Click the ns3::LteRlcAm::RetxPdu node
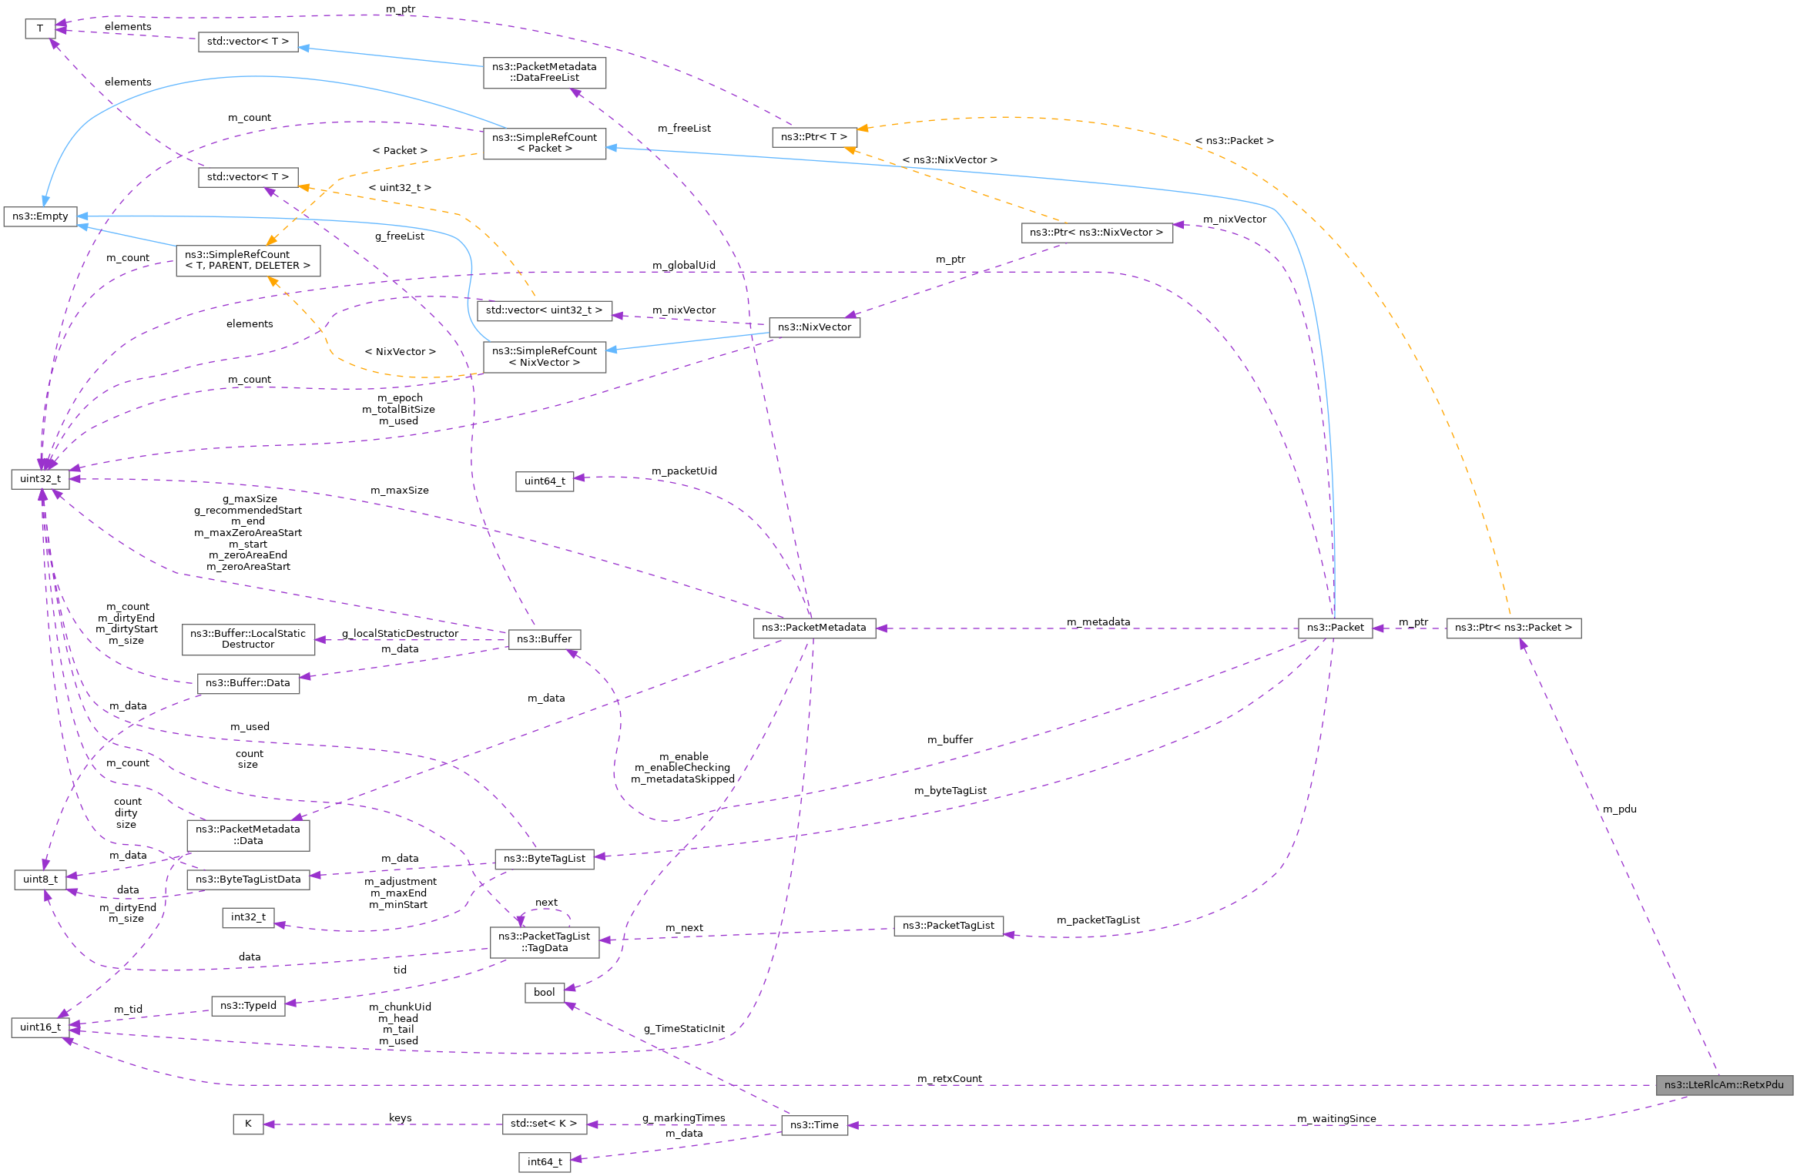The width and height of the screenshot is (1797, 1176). (x=1724, y=1084)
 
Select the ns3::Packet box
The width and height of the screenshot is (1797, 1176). (x=1335, y=628)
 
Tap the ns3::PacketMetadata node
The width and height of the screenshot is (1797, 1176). (x=814, y=628)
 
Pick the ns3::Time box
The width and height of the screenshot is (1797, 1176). (x=814, y=1125)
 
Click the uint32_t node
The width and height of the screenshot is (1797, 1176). (x=40, y=479)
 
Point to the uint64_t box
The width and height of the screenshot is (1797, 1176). (x=545, y=481)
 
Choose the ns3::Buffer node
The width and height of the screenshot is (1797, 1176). (x=545, y=639)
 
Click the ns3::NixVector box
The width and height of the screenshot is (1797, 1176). (x=814, y=327)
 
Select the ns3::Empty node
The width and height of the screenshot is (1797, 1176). (x=40, y=216)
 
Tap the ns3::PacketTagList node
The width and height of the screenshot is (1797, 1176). (x=948, y=926)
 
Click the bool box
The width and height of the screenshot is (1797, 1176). (x=544, y=993)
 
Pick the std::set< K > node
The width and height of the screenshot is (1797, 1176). (x=544, y=1124)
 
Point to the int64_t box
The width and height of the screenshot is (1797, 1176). (x=545, y=1162)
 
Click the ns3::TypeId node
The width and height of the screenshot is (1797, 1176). (x=248, y=1006)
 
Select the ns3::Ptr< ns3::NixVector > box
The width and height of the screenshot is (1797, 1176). (x=1097, y=233)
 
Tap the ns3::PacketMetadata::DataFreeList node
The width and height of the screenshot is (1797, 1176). (x=545, y=72)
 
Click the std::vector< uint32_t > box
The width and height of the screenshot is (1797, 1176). (x=545, y=310)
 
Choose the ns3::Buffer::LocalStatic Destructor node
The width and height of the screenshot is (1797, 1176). (x=248, y=639)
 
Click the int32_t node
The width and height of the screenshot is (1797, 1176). (x=248, y=917)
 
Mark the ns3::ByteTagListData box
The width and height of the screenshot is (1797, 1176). (x=248, y=879)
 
